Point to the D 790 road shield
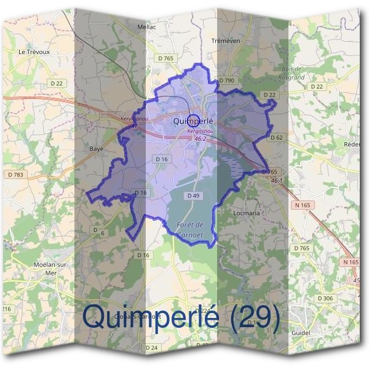(226, 81)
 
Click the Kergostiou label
(200, 132)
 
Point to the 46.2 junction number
(200, 139)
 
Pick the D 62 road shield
(276, 137)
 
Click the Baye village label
(95, 149)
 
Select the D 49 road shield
(192, 196)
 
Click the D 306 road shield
(325, 298)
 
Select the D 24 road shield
(151, 348)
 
